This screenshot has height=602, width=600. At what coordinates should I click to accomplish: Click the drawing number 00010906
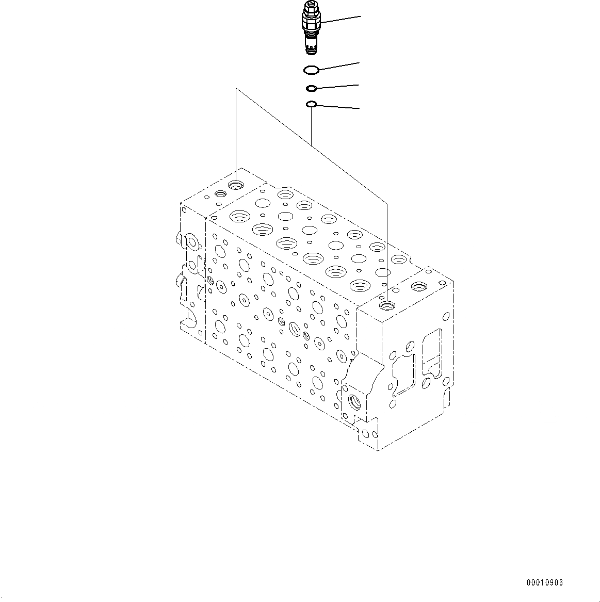(x=544, y=583)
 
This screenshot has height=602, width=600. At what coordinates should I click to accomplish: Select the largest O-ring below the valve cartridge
(x=311, y=70)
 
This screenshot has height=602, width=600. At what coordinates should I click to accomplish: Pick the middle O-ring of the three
(x=311, y=88)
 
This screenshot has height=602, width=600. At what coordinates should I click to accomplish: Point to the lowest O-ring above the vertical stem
(x=311, y=105)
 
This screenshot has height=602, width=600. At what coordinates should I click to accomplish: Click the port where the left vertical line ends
(x=237, y=185)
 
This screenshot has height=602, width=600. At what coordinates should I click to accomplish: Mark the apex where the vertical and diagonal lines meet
(x=236, y=89)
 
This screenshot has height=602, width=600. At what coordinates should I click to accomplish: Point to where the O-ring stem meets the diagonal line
(x=311, y=142)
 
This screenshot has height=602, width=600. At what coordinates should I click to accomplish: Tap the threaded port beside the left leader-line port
(x=220, y=194)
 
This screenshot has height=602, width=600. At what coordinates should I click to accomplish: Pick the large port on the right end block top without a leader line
(x=418, y=285)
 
